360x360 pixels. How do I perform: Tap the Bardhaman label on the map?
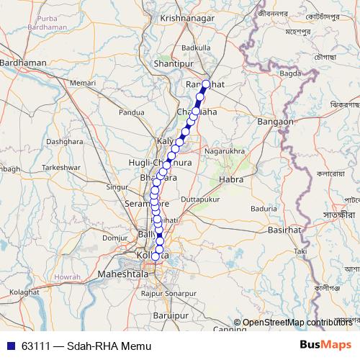click(24, 63)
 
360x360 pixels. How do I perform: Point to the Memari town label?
click(82, 84)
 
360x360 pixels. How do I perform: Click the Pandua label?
click(132, 112)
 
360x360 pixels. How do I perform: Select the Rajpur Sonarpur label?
click(168, 294)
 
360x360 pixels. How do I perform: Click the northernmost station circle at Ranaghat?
click(206, 84)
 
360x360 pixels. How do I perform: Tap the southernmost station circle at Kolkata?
click(156, 256)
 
